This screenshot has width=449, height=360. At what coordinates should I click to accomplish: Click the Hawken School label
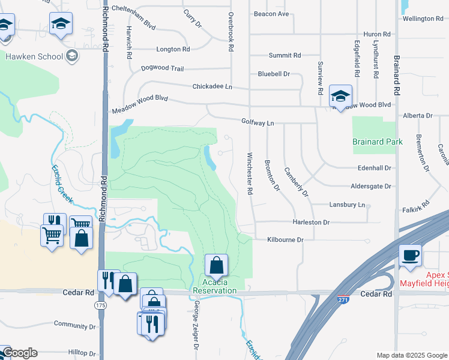click(34, 57)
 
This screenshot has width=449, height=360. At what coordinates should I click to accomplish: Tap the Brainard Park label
click(378, 142)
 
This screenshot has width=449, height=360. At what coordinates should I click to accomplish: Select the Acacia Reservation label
click(215, 286)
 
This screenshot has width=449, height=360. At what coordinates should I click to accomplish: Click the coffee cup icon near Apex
click(411, 256)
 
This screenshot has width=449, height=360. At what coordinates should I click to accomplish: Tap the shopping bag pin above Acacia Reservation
click(216, 265)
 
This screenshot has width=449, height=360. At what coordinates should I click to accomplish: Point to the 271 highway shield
click(343, 298)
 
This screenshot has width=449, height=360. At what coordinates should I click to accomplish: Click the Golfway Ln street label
click(258, 123)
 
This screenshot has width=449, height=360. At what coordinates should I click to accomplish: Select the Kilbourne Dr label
click(286, 239)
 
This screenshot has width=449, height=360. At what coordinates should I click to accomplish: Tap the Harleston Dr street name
click(311, 222)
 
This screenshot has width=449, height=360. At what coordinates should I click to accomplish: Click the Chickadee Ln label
click(212, 86)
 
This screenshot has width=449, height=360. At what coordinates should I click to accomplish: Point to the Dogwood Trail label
click(162, 68)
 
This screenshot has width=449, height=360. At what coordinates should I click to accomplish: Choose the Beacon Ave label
click(271, 14)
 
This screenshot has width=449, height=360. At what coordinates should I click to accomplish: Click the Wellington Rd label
click(423, 19)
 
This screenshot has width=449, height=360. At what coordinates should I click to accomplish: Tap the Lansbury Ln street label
click(347, 205)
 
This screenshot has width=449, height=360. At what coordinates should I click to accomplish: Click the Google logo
click(20, 353)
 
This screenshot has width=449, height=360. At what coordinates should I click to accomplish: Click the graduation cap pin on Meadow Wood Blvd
click(340, 96)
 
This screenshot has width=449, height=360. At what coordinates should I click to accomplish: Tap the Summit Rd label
click(285, 55)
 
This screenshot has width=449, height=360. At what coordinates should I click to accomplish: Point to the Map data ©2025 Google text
click(411, 355)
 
